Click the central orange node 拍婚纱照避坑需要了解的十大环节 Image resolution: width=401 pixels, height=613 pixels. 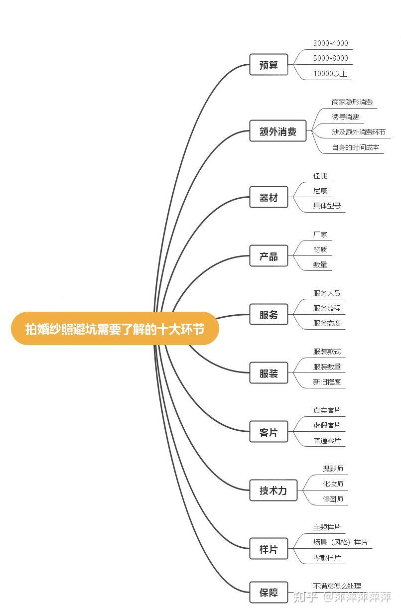(x=115, y=329)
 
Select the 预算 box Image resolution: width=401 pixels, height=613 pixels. (x=268, y=65)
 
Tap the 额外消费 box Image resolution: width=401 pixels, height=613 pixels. (x=277, y=131)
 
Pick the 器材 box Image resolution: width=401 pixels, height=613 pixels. (x=268, y=198)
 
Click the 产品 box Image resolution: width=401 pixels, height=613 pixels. (x=268, y=256)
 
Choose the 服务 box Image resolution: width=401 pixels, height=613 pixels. (x=268, y=315)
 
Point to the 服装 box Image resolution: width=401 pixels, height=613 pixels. (x=268, y=373)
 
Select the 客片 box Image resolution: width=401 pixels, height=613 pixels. (x=268, y=432)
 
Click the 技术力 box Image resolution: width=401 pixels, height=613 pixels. (x=273, y=490)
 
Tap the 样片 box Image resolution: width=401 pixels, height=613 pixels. (x=268, y=549)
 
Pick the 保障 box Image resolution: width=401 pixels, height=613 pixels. (x=268, y=593)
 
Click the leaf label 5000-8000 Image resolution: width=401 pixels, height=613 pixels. (x=330, y=58)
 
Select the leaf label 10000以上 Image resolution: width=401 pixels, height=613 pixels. (x=330, y=74)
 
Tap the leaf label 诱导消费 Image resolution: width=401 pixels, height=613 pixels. (x=345, y=117)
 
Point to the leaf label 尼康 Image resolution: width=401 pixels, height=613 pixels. (x=320, y=191)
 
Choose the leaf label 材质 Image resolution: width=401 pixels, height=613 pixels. (x=320, y=249)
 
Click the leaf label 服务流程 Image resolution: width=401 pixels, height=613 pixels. (x=327, y=308)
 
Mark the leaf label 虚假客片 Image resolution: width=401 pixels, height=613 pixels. (x=327, y=425)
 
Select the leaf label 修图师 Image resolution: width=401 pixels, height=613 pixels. (x=333, y=498)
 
